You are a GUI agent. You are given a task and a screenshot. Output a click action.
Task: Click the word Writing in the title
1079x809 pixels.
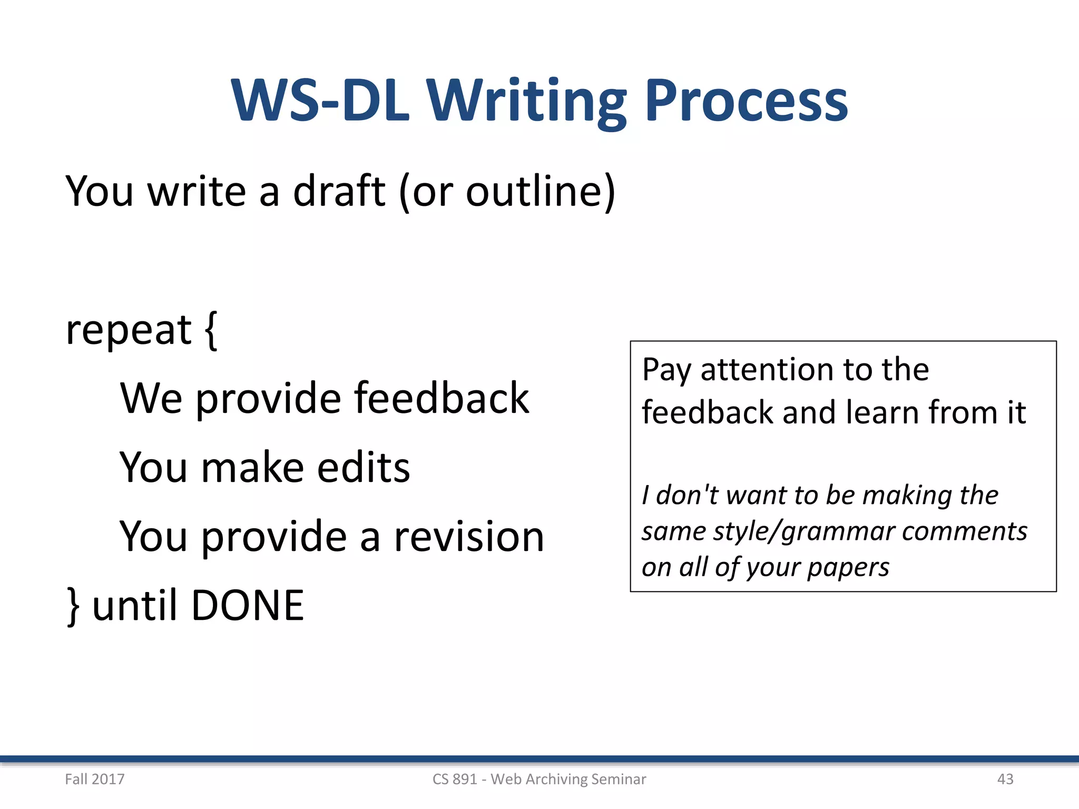point(527,101)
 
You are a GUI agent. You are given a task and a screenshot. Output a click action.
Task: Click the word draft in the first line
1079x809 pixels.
point(339,191)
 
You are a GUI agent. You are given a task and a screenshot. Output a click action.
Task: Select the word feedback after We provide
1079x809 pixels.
point(442,398)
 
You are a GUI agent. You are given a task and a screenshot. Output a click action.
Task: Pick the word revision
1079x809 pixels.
point(469,537)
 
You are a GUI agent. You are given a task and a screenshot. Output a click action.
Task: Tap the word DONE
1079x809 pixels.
point(248,606)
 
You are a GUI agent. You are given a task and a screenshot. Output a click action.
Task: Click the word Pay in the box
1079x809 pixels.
point(666,370)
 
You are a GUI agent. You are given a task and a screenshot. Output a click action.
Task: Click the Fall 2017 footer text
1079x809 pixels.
point(95,779)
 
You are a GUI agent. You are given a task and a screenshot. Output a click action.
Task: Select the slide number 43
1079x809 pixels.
point(1005,779)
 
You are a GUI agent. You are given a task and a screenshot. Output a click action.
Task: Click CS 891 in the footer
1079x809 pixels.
point(455,779)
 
